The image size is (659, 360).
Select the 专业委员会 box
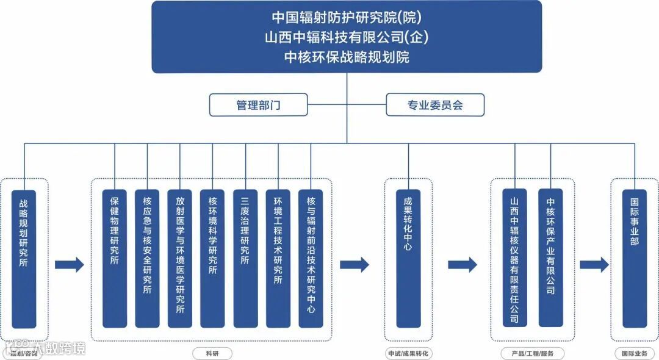point(435,105)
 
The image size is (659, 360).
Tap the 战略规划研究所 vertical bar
point(24,259)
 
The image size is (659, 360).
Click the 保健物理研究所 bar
point(115,259)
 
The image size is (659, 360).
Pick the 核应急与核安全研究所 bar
point(147,259)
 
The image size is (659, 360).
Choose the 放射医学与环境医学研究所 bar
point(180,259)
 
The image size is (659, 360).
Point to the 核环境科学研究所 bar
point(212,259)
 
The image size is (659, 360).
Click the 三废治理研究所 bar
point(245,259)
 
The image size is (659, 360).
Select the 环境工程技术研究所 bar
point(278,259)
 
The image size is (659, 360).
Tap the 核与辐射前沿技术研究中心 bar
point(311,259)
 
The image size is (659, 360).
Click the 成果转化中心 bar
point(408,259)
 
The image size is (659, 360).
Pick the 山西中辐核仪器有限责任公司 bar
point(514,259)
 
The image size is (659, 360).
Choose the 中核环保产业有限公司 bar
point(550,259)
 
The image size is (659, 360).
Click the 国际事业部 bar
point(635,259)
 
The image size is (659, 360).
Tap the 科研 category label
point(212,353)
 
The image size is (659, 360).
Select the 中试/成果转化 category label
point(408,353)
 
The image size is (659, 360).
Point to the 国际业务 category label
point(635,353)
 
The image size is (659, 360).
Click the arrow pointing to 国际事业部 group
point(594,265)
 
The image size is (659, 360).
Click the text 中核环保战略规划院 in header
point(347,57)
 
